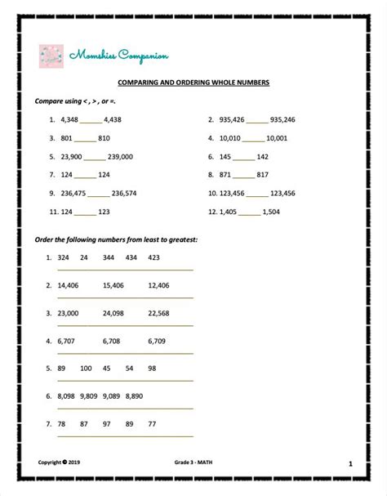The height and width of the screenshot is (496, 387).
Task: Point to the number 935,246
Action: click(282, 119)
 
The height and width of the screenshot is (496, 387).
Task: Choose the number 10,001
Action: click(277, 138)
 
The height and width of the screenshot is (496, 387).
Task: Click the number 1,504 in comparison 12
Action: click(273, 212)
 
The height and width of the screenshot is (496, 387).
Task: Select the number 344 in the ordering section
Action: click(109, 257)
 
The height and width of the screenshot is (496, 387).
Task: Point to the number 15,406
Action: click(113, 285)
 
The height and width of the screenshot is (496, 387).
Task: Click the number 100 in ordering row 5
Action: click(86, 369)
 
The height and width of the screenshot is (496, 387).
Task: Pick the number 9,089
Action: click(112, 395)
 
